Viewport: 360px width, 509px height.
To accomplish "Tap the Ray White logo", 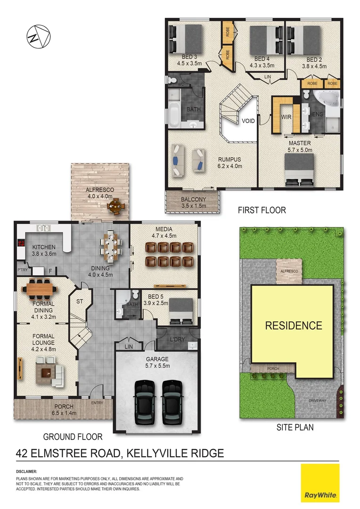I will tap(320, 483).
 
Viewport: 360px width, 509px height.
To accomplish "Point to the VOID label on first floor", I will tap(248, 121).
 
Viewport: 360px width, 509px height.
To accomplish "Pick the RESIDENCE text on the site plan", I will tap(293, 325).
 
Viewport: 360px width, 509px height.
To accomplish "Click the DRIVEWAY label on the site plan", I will tap(317, 401).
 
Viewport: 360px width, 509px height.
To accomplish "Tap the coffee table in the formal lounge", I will tap(46, 373).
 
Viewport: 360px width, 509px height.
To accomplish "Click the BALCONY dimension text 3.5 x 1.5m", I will tap(194, 206).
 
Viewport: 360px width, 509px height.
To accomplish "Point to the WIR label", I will tap(286, 116).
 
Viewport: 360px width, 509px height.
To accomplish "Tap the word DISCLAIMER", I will tap(26, 471).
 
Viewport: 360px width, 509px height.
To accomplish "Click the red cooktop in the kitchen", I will tap(21, 244).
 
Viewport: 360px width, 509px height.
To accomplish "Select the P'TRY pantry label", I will tap(22, 270).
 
